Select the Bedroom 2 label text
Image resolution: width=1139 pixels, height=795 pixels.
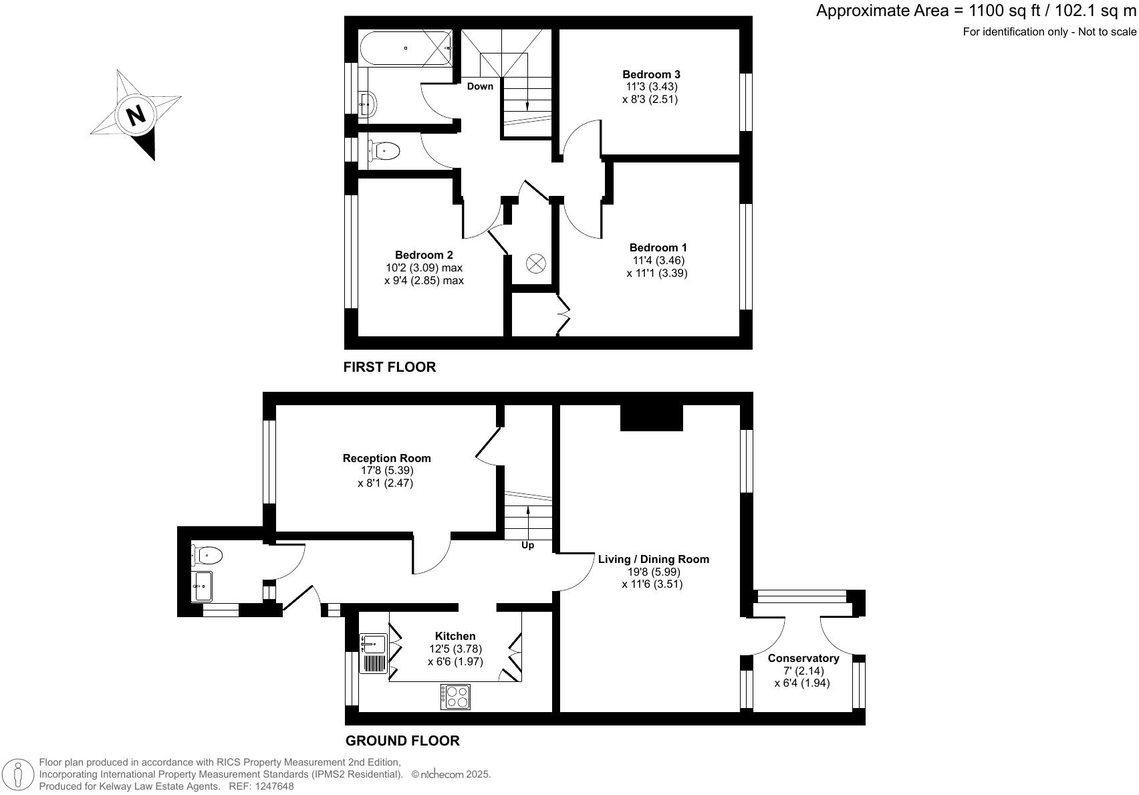[x=424, y=255]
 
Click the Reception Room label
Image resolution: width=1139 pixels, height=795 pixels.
[x=386, y=458]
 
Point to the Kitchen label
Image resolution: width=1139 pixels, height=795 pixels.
[x=455, y=636]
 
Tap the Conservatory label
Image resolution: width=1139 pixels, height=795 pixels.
[x=803, y=659]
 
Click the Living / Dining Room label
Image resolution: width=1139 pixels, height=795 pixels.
[x=653, y=559]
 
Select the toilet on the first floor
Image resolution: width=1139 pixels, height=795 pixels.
[x=384, y=151]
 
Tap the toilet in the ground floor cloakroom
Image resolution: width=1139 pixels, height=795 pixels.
[x=207, y=554]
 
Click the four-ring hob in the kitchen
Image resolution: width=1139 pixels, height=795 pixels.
[x=455, y=697]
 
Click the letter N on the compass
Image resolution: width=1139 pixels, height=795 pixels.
[x=136, y=116]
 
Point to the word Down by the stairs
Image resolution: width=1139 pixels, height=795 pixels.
[x=480, y=86]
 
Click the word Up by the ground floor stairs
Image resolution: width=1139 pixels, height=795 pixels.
[x=527, y=545]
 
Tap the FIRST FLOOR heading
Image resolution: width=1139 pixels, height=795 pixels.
[x=389, y=366]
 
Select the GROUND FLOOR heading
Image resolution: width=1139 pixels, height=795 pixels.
[x=402, y=740]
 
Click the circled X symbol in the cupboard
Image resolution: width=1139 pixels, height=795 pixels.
[x=536, y=263]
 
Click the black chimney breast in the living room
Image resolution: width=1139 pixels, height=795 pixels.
[x=651, y=418]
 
